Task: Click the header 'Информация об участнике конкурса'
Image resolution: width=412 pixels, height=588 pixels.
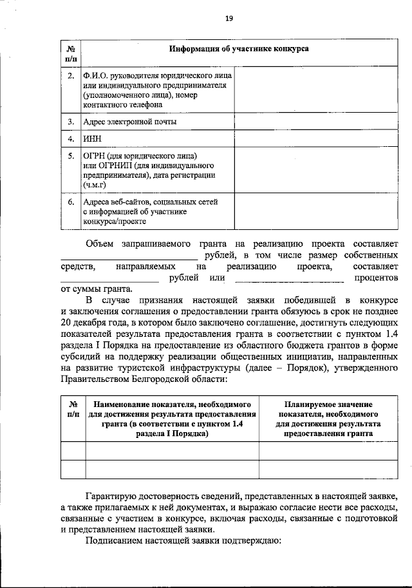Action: click(238, 49)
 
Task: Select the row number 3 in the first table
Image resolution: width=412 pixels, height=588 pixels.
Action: click(70, 121)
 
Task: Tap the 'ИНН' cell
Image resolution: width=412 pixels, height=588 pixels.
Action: click(92, 138)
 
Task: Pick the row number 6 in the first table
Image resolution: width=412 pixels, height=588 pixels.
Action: click(70, 202)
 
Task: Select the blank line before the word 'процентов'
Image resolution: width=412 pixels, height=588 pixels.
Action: click(290, 280)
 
